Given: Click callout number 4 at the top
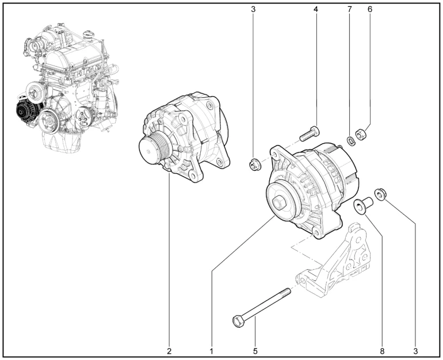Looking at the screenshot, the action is (316, 9).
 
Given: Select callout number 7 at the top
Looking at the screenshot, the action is (350, 9).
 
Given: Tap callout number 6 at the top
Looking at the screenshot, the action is (370, 9).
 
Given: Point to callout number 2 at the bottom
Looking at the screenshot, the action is (169, 351).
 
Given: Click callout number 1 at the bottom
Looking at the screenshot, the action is (211, 351).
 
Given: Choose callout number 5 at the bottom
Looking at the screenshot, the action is (255, 351).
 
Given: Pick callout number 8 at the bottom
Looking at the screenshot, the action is (382, 351).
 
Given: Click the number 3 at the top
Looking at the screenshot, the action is (253, 9).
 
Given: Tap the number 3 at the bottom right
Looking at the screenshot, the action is (415, 351).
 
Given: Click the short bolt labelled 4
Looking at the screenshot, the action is (310, 134).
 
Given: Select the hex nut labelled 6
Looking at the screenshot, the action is (360, 134).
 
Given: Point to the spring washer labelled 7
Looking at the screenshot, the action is (350, 141).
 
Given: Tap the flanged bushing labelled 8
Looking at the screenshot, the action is (363, 205).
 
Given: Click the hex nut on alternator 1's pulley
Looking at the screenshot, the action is (280, 203).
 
